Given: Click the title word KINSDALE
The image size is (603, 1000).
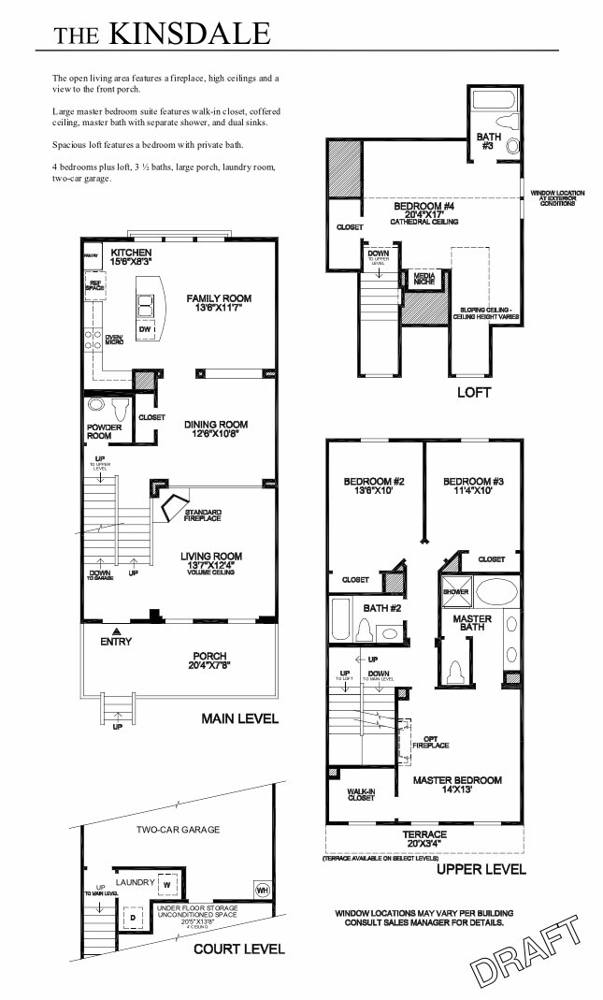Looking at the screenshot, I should point(189,35).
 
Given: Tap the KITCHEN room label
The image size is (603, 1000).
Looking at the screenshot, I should point(131,254).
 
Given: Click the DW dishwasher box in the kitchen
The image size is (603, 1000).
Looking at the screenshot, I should point(145,329).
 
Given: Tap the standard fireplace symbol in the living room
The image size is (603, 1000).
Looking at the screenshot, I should point(173,507).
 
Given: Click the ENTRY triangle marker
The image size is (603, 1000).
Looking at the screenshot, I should point(117,631).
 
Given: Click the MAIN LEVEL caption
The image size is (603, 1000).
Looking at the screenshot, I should point(239,719).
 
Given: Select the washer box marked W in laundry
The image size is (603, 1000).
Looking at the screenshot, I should point(165,882).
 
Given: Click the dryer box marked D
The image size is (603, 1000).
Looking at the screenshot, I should point(132,918).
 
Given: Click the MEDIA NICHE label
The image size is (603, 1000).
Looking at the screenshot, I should point(423,279).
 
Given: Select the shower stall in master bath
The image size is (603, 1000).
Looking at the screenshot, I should point(455,591).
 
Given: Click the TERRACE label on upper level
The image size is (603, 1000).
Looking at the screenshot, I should point(424,833).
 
